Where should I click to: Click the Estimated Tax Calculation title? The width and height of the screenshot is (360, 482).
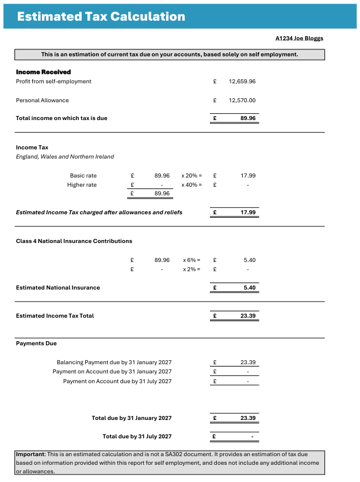(101, 16)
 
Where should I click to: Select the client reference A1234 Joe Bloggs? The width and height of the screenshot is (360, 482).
(300, 38)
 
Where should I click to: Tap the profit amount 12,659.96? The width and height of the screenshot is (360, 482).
(242, 82)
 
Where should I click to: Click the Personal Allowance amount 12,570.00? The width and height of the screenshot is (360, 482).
(242, 101)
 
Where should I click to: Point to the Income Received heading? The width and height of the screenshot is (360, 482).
(43, 72)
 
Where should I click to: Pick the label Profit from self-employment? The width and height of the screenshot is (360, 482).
(53, 82)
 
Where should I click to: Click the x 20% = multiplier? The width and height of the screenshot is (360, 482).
(192, 175)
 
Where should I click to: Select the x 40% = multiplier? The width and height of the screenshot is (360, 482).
(192, 185)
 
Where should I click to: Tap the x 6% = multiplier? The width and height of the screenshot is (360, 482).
(192, 260)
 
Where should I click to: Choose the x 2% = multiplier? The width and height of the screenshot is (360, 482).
(192, 269)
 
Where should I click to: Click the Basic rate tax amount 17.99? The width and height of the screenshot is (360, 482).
(248, 175)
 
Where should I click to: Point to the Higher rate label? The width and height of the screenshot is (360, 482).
(82, 185)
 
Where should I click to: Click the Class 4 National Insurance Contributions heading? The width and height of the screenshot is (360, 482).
(74, 241)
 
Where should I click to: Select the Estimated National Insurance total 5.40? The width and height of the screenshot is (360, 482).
(250, 288)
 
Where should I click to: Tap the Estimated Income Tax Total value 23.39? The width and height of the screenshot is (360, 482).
(248, 316)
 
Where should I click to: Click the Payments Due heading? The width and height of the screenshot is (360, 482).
(36, 344)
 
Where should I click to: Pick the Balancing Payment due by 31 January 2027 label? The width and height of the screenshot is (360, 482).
(114, 363)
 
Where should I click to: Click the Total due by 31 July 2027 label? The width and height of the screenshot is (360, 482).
(137, 437)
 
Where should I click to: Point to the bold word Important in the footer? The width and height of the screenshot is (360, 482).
(30, 454)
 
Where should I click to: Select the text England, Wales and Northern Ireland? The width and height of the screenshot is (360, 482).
(65, 157)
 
